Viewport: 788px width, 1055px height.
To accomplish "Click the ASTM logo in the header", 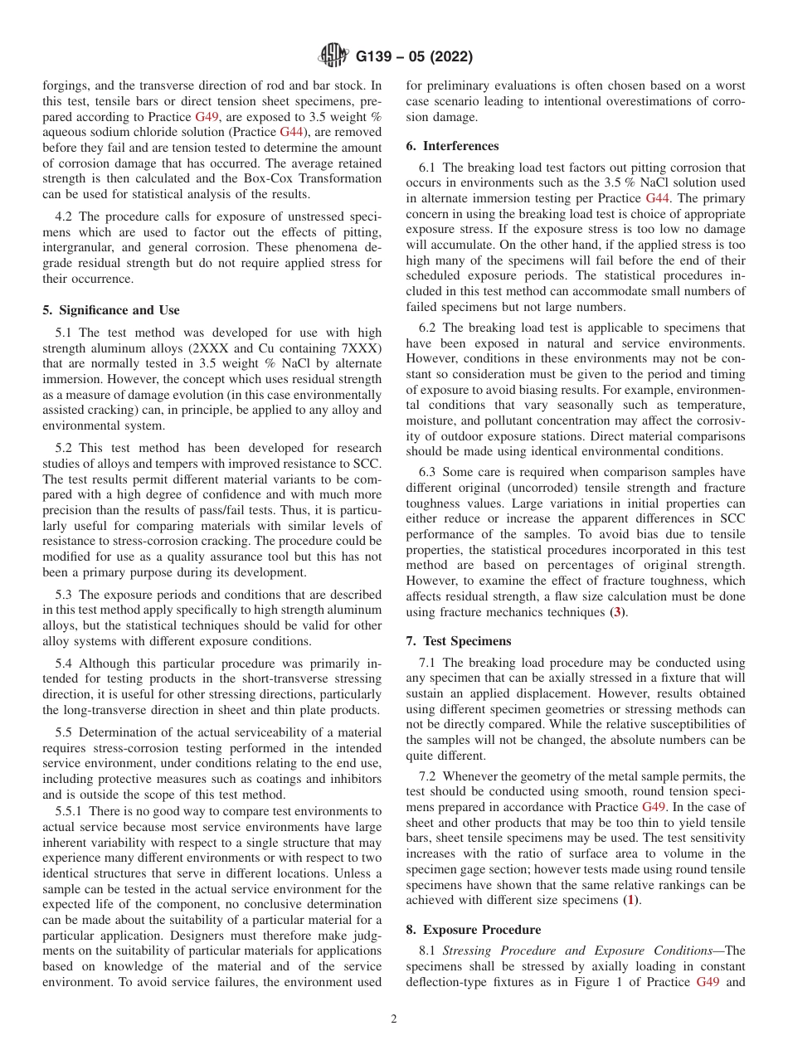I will [x=334, y=56].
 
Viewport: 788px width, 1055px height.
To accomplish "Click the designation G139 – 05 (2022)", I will [x=414, y=57].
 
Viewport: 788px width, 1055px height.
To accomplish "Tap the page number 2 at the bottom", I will [x=394, y=1019].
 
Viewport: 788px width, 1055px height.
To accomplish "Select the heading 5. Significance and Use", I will [x=110, y=310].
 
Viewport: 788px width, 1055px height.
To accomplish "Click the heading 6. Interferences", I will [x=452, y=146].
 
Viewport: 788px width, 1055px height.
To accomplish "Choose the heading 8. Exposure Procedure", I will [x=473, y=930].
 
